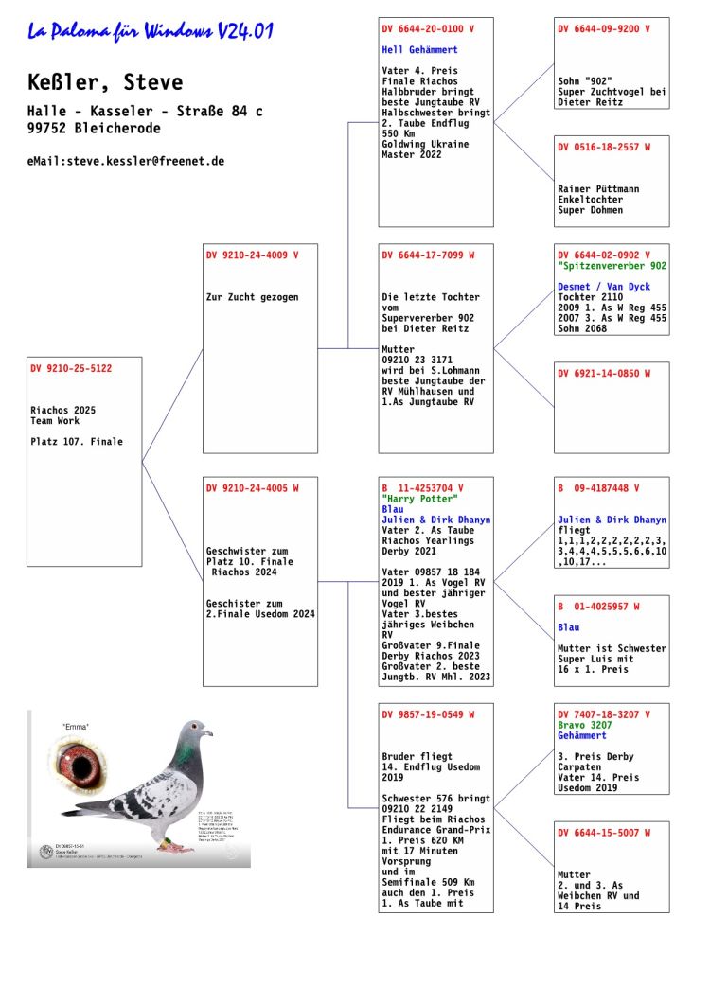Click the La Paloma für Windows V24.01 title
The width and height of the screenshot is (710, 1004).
point(151,32)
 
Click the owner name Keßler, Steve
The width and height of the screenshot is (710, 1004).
point(105,83)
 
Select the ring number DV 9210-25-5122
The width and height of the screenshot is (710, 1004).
point(71,368)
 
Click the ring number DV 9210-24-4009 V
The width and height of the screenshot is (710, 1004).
point(252,255)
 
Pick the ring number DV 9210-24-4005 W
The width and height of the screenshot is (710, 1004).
point(252,488)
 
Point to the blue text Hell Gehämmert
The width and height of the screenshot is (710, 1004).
point(419,50)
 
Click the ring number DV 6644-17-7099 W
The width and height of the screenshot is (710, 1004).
point(428,255)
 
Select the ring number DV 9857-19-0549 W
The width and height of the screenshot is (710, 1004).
point(428,714)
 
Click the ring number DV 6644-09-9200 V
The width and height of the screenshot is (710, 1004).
point(604,29)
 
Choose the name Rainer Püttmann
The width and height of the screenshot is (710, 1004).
point(598,189)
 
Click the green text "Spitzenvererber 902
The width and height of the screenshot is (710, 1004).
point(612,266)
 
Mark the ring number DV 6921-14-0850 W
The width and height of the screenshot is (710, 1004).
point(604,374)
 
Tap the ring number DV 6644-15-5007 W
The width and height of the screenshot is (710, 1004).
point(604,833)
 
